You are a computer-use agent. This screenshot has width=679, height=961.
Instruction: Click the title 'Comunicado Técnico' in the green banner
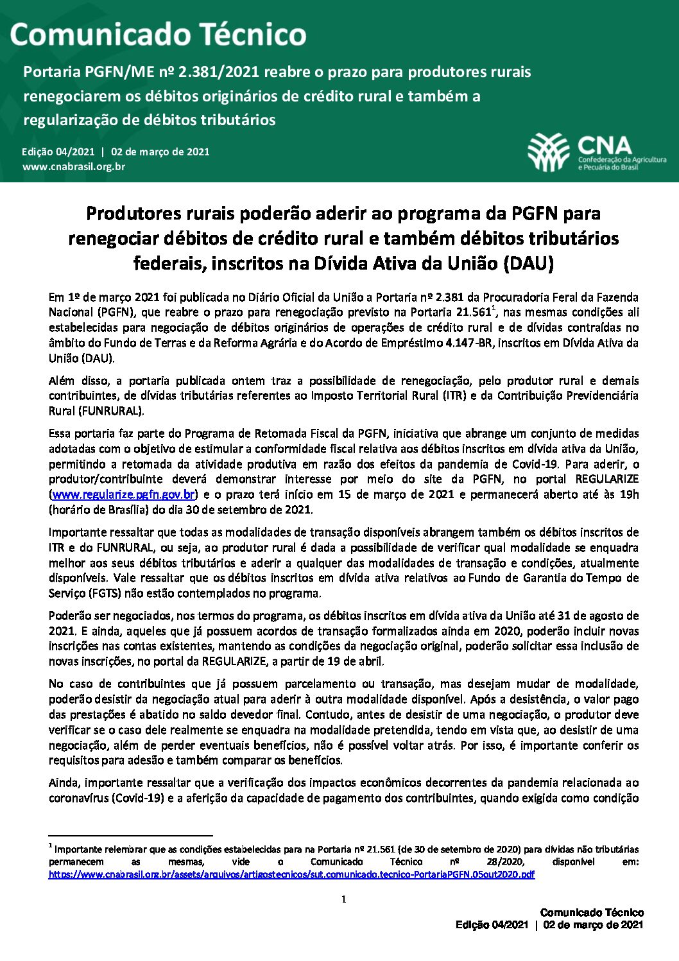click(x=158, y=34)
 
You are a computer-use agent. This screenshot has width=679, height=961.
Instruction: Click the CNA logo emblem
click(x=549, y=152)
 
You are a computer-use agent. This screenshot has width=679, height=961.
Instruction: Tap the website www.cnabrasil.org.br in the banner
click(x=74, y=167)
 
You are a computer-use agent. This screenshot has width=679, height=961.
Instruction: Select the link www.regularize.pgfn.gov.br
click(x=124, y=495)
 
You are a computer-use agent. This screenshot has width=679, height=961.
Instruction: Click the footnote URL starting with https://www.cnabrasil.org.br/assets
click(x=291, y=874)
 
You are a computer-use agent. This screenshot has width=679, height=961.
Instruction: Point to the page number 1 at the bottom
click(x=343, y=899)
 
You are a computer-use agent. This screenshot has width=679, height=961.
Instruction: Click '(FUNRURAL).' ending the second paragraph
click(x=112, y=411)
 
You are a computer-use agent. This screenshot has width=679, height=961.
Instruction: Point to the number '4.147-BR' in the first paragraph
click(x=469, y=343)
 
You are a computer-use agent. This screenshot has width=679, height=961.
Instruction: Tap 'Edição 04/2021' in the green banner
click(x=58, y=152)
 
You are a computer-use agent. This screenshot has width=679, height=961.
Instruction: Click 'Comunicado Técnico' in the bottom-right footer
click(x=592, y=912)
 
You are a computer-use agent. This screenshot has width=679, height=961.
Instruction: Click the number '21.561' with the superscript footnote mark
click(x=474, y=313)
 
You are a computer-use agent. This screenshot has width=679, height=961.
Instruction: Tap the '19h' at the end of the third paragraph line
click(x=629, y=494)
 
